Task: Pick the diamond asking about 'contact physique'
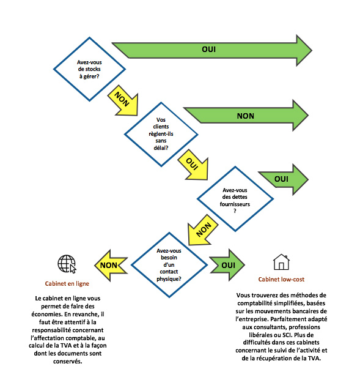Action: coord(170,264)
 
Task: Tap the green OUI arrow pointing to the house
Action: coord(227,264)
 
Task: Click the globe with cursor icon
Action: coord(67,264)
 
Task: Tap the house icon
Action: coord(281,262)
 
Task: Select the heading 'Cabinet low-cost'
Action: coord(281,280)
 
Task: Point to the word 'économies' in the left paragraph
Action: coord(68,313)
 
